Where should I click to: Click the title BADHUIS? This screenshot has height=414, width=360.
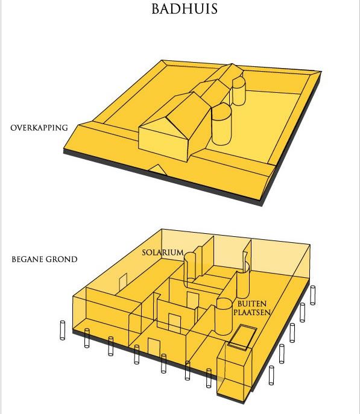(185, 8)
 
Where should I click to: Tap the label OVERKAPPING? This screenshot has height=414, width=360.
(39, 128)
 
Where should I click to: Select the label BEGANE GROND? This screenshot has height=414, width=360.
(45, 259)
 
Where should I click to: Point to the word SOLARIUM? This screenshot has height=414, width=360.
(163, 252)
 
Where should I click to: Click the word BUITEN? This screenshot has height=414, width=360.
(251, 304)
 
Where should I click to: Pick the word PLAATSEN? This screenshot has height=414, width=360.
(252, 313)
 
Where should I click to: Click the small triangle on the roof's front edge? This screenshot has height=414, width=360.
(157, 169)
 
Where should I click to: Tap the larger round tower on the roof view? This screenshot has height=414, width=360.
(221, 124)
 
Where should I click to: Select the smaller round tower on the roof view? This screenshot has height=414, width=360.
(239, 91)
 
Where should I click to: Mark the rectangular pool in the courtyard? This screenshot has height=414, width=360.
(242, 337)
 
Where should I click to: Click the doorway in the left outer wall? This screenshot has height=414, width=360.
(123, 282)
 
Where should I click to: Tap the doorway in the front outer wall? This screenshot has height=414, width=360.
(154, 347)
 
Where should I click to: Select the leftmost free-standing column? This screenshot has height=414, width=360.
(62, 330)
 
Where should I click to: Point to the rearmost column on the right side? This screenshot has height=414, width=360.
(312, 295)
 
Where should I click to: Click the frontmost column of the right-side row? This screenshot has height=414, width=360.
(271, 375)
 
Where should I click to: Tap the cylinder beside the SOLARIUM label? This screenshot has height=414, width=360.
(190, 270)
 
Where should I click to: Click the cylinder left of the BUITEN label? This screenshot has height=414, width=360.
(224, 316)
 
